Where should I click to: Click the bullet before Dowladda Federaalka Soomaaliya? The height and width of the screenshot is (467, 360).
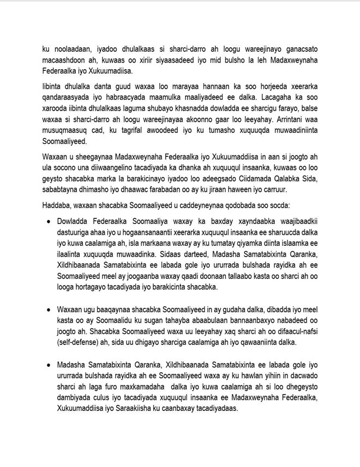pos(50,222)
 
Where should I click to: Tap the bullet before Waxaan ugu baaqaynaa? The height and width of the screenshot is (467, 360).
pos(50,309)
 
